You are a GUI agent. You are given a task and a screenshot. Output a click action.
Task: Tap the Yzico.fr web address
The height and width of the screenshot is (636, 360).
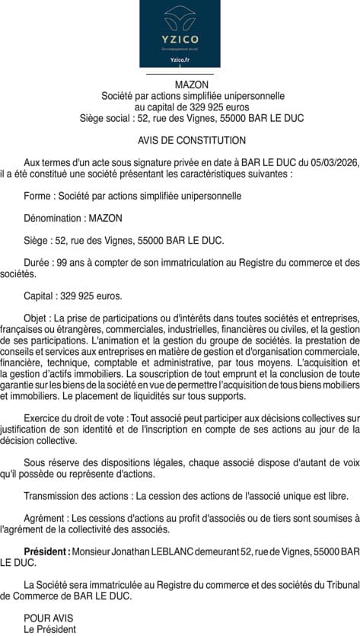click(x=180, y=59)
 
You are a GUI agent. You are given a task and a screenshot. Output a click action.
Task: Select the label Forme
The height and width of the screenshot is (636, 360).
click(x=38, y=196)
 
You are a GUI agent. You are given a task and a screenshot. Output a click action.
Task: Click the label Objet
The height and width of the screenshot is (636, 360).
click(x=37, y=318)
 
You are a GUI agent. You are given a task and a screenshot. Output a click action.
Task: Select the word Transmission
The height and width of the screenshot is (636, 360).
click(x=53, y=496)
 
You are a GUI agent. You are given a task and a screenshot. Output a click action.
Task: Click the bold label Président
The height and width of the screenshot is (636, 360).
click(x=46, y=551)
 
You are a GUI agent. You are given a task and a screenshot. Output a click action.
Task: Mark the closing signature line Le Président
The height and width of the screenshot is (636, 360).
click(x=50, y=629)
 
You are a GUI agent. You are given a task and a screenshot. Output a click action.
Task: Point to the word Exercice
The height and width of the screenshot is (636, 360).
click(x=44, y=418)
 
